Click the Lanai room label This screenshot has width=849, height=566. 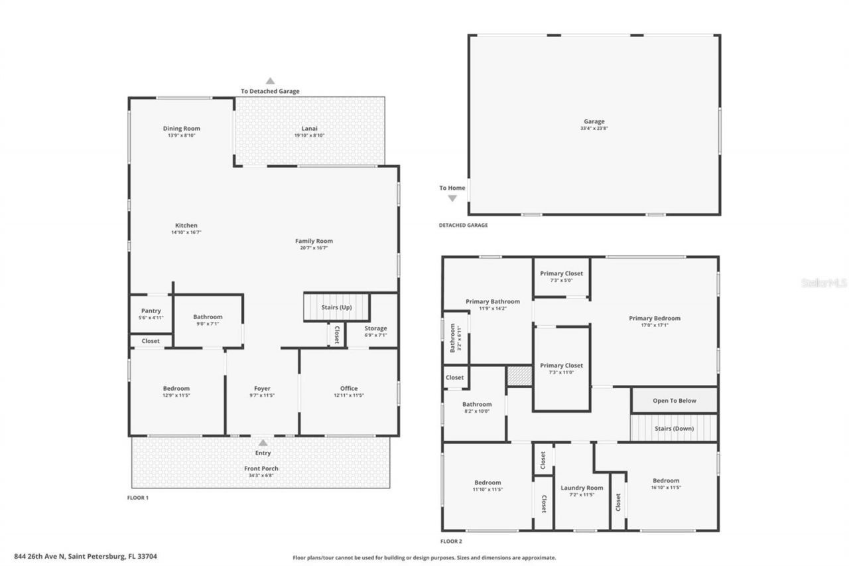(x=310, y=128)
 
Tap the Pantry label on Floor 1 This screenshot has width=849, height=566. (x=151, y=311)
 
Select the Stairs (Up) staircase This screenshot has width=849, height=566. (x=336, y=307)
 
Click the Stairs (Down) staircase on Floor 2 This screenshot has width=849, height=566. (x=673, y=428)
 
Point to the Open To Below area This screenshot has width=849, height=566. (x=674, y=400)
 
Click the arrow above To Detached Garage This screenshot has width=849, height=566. (x=270, y=80)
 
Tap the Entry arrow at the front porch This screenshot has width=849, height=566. (x=263, y=443)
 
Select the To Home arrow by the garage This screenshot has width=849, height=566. (x=452, y=198)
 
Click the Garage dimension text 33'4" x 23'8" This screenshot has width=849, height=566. (x=594, y=129)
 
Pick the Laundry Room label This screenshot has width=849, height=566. (x=581, y=488)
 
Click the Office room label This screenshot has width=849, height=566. (x=349, y=388)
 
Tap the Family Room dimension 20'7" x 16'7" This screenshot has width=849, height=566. (x=314, y=248)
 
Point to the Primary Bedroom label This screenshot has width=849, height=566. (x=654, y=318)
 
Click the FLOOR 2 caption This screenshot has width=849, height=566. (x=451, y=541)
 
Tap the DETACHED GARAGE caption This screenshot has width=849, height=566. (x=463, y=225)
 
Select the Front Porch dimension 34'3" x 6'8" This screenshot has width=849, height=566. (x=262, y=476)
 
